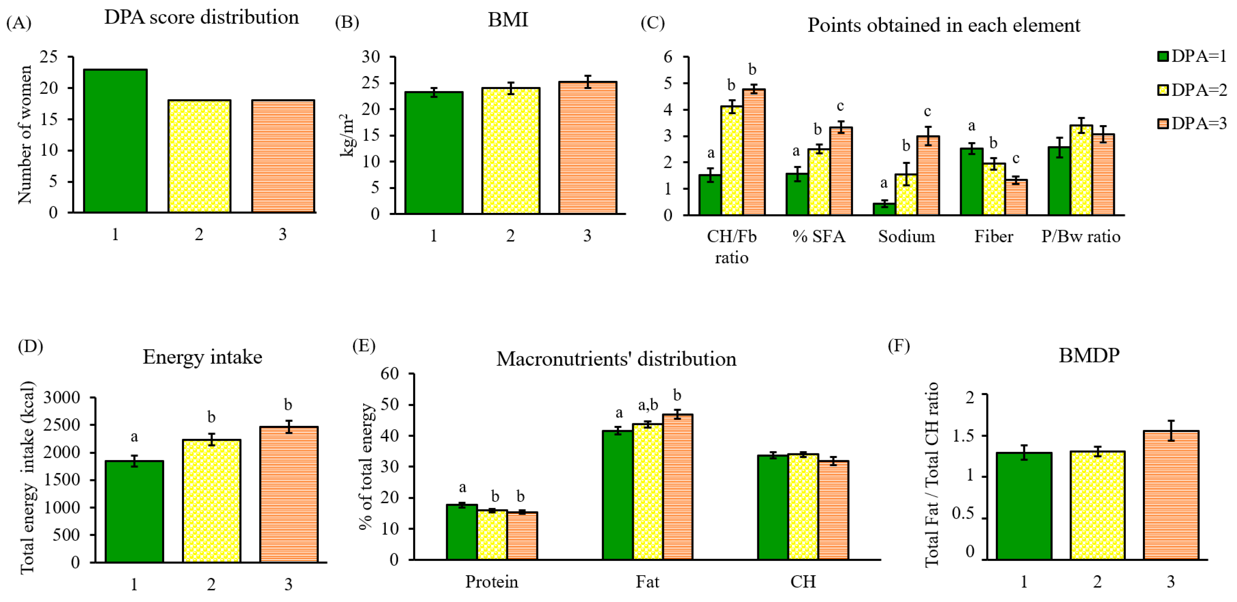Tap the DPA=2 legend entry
pyautogui.click(x=1192, y=90)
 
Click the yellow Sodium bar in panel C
pyautogui.click(x=906, y=195)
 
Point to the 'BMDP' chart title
pyautogui.click(x=1089, y=355)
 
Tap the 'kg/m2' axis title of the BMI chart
pyautogui.click(x=348, y=135)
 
